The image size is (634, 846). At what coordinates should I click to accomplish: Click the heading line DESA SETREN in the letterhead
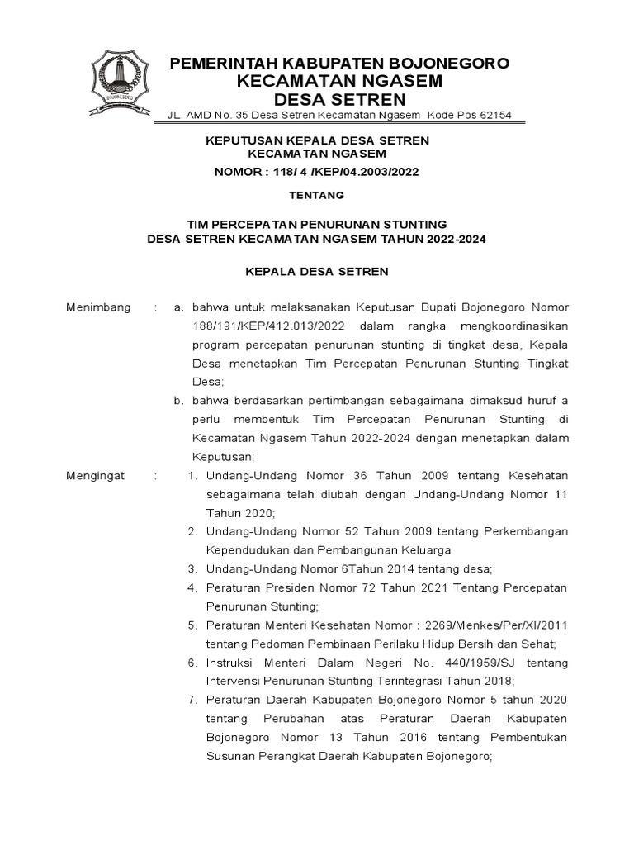click(x=339, y=99)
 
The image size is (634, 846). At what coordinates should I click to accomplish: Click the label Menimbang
click(x=98, y=307)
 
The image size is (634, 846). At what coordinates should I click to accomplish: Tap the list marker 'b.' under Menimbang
click(x=177, y=401)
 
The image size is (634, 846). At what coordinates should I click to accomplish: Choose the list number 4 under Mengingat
click(x=192, y=587)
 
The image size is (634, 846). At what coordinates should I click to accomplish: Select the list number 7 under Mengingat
click(x=192, y=700)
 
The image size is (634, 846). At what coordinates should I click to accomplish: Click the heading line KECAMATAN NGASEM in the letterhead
click(x=339, y=81)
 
